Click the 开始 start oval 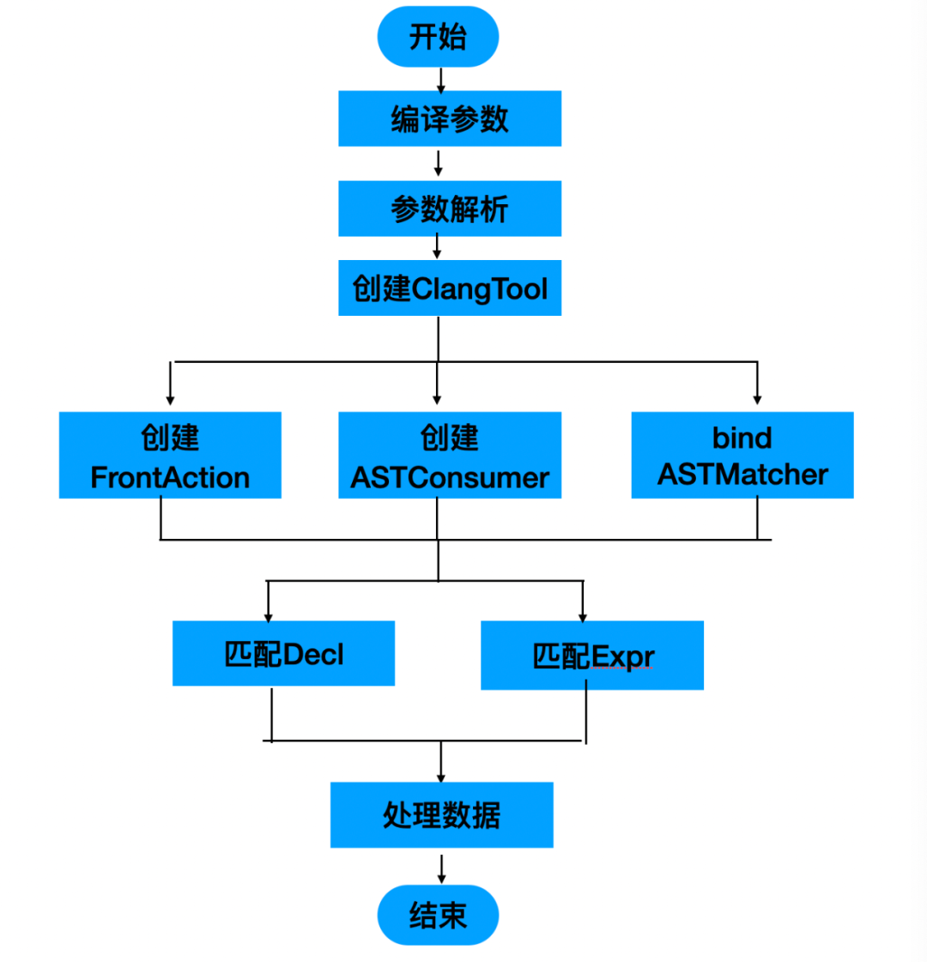click(x=438, y=37)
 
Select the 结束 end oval click(x=438, y=915)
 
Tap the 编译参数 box click(x=450, y=118)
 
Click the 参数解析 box click(x=450, y=209)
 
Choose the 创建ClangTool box click(x=450, y=288)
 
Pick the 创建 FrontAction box click(x=170, y=455)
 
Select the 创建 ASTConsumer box click(x=450, y=455)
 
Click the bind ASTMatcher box click(x=742, y=455)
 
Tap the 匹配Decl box click(x=283, y=654)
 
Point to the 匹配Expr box click(x=592, y=656)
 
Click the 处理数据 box click(x=441, y=814)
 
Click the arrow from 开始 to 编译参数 click(x=441, y=80)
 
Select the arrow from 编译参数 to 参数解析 click(x=438, y=163)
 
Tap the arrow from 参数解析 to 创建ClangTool click(x=437, y=247)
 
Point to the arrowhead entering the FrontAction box click(x=170, y=398)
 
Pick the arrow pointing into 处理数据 click(x=441, y=764)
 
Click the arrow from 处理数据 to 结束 click(x=441, y=868)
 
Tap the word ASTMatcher click(x=742, y=475)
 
